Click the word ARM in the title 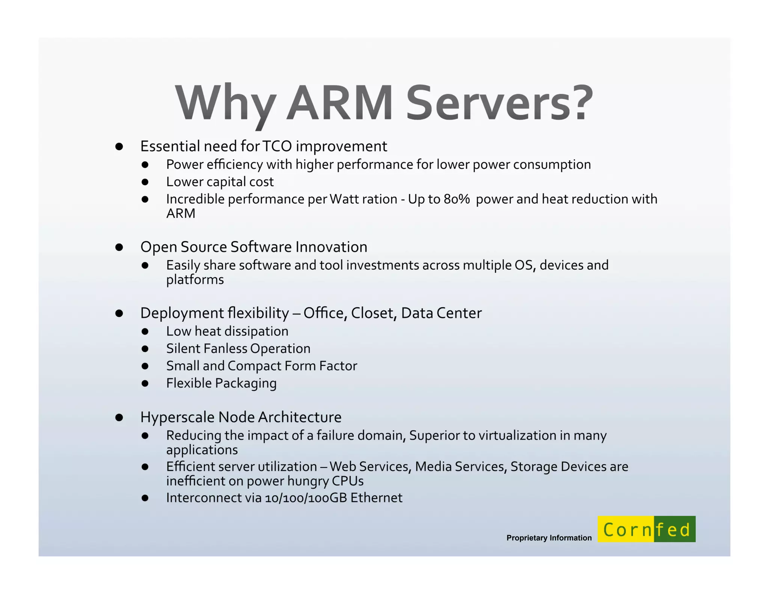[x=340, y=103]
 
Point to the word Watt [x=344, y=199]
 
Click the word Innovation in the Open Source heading [x=331, y=247]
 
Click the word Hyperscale [x=177, y=418]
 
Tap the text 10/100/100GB [x=306, y=498]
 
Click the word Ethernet [x=376, y=498]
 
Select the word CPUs [x=348, y=481]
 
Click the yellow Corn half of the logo [x=626, y=529]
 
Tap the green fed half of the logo [x=675, y=529]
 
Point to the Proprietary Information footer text [x=549, y=538]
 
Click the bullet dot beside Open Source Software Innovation [x=119, y=247]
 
